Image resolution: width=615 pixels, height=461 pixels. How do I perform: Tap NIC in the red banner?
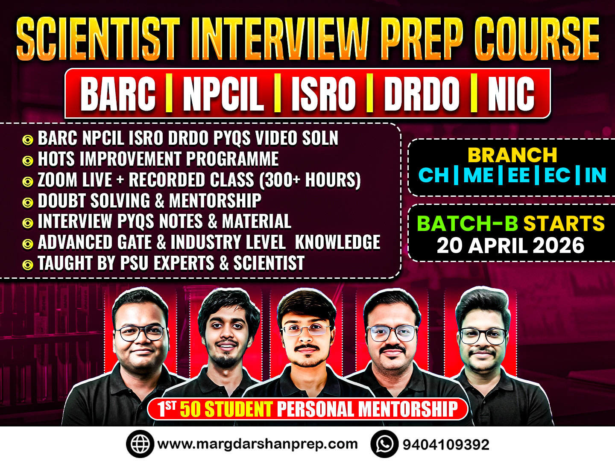(x=511, y=94)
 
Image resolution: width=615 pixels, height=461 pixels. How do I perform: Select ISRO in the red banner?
(x=323, y=94)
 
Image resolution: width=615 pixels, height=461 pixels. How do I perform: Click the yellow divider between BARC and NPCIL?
(x=169, y=94)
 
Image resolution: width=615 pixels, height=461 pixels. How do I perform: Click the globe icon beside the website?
(x=140, y=444)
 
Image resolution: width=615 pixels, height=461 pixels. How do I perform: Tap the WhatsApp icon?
(x=384, y=444)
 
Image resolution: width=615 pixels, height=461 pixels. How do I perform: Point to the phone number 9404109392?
(x=446, y=445)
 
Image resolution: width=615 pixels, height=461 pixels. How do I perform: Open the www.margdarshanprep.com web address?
(x=257, y=444)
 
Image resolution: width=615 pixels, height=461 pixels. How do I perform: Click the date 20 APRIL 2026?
(x=510, y=245)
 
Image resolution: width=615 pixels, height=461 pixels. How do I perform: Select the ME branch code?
(x=478, y=175)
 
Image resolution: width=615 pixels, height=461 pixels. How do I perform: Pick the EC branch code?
(x=557, y=175)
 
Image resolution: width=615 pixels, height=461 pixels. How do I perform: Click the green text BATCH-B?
(x=467, y=224)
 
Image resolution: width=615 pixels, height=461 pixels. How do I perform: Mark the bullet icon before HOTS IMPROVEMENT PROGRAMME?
(x=28, y=161)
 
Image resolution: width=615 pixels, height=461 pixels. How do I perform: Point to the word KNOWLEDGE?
(x=337, y=242)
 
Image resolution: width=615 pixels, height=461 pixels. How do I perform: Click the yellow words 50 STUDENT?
(x=226, y=409)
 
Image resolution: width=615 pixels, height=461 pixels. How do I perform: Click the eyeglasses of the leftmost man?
(x=141, y=333)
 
